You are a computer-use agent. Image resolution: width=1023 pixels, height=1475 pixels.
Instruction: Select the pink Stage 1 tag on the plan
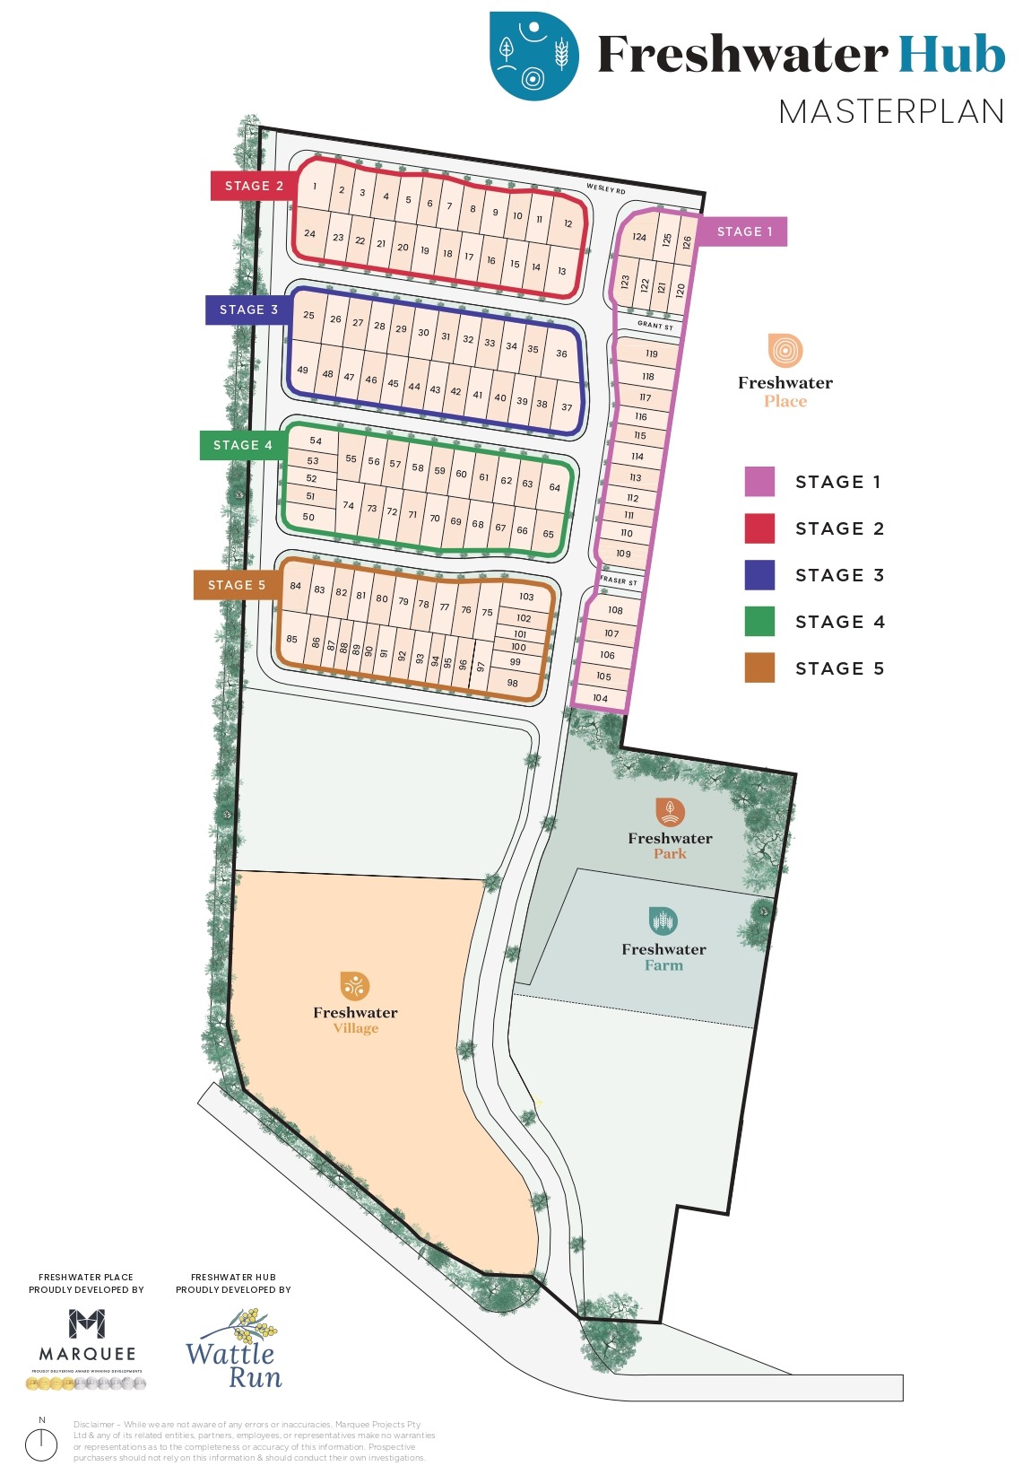coord(743,231)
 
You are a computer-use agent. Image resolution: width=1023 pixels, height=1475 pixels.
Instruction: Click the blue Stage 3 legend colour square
coord(759,575)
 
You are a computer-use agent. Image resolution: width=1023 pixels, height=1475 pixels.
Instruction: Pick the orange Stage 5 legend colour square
coord(759,668)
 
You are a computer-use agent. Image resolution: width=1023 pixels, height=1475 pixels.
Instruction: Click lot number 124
coord(639,238)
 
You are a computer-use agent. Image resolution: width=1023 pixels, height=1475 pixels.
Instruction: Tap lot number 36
coord(561,353)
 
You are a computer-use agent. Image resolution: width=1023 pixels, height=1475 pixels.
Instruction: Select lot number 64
coord(554,488)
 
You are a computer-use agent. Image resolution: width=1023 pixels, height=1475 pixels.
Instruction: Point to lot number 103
coord(526,597)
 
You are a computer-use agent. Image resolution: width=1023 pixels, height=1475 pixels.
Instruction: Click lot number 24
coord(309,233)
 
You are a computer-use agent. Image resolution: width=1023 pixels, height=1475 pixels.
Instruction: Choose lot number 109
coord(623,554)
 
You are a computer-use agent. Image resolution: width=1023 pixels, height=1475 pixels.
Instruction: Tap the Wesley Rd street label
coord(606,188)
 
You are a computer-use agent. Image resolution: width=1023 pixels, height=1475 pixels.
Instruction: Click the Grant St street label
coord(655,325)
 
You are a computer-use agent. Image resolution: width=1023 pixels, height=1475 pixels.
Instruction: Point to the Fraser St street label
coord(619,581)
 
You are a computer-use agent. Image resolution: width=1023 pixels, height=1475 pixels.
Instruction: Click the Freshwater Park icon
coord(670,812)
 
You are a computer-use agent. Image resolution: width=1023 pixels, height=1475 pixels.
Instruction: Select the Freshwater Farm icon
coord(663,921)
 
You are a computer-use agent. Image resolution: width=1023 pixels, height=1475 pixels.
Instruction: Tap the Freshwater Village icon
coord(354,985)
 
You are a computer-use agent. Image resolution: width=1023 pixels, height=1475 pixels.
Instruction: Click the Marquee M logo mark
coord(87,1323)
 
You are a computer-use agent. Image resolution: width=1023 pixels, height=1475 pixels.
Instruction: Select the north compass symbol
coord(41,1444)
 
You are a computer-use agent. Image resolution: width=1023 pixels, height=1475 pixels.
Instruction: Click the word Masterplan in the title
coord(890,112)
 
